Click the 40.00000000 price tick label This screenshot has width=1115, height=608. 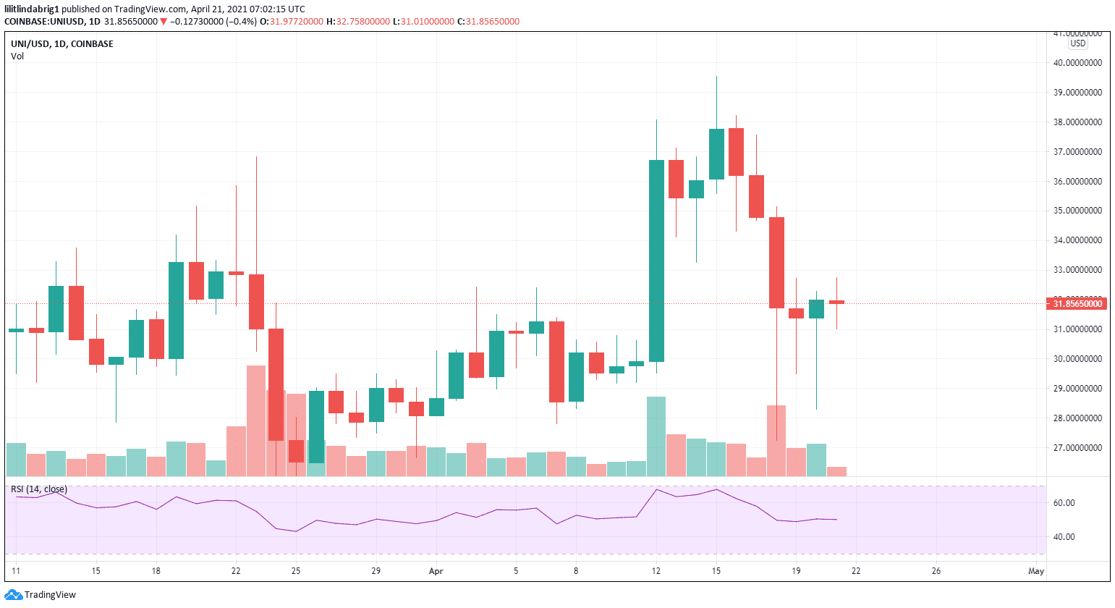pos(1077,63)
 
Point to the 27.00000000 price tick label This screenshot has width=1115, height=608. pos(1077,448)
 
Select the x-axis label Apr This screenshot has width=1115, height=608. pos(436,571)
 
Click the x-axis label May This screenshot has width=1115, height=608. pos(1036,571)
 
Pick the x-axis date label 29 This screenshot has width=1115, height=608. pos(376,571)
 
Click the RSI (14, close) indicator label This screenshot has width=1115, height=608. pos(39,489)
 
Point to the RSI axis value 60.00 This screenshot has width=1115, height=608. pos(1064,503)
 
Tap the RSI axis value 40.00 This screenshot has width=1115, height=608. pos(1064,537)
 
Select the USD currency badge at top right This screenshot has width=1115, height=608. pos(1078,43)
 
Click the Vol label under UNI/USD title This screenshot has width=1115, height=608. pos(17,56)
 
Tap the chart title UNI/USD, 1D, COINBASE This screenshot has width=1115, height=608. pos(62,44)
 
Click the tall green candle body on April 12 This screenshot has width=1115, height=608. pos(656,261)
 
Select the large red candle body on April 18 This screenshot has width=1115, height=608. pos(776,262)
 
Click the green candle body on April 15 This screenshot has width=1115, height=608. pos(716,154)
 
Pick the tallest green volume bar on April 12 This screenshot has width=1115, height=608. pos(656,436)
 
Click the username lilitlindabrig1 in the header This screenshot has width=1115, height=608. pos(31,9)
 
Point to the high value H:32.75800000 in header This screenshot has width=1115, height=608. pos(358,22)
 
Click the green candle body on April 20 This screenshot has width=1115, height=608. pos(816,309)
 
